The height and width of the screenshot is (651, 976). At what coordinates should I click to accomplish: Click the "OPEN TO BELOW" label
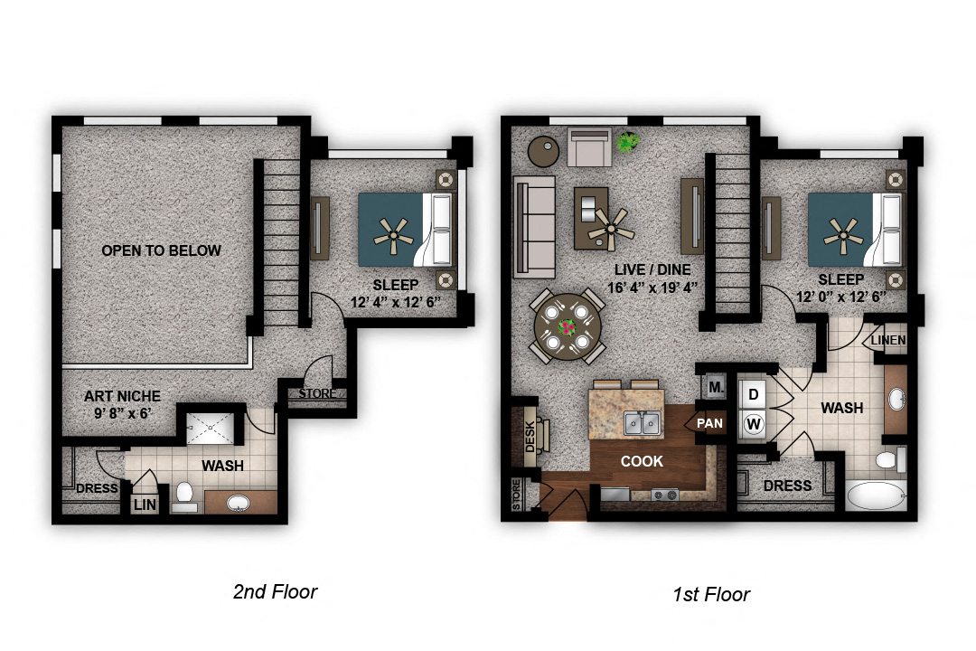pyautogui.click(x=161, y=250)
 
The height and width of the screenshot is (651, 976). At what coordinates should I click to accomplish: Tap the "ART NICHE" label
pyautogui.click(x=122, y=396)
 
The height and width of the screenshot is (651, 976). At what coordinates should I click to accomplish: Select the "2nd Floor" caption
pyautogui.click(x=275, y=591)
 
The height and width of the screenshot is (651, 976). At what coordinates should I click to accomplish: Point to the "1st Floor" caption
pyautogui.click(x=711, y=594)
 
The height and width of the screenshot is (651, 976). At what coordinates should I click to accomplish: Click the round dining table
pyautogui.click(x=568, y=327)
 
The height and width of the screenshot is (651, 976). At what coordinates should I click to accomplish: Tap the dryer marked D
pyautogui.click(x=753, y=394)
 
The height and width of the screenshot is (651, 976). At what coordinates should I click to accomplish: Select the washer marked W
pyautogui.click(x=753, y=424)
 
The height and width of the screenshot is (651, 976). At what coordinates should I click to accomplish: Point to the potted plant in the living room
pyautogui.click(x=627, y=142)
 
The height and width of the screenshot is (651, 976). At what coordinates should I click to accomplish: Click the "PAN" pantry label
pyautogui.click(x=709, y=424)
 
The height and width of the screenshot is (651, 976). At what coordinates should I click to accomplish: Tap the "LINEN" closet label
pyautogui.click(x=888, y=340)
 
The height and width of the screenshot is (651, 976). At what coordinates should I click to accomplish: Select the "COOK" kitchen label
pyautogui.click(x=642, y=461)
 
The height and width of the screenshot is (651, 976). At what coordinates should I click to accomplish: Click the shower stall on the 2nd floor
pyautogui.click(x=211, y=428)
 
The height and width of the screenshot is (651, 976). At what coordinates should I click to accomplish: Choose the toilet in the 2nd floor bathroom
pyautogui.click(x=184, y=496)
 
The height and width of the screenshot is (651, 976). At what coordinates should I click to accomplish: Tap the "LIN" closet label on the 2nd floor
pyautogui.click(x=145, y=505)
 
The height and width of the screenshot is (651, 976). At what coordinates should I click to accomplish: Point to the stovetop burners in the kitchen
pyautogui.click(x=664, y=495)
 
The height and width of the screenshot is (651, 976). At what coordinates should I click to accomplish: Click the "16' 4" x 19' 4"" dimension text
pyautogui.click(x=652, y=288)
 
